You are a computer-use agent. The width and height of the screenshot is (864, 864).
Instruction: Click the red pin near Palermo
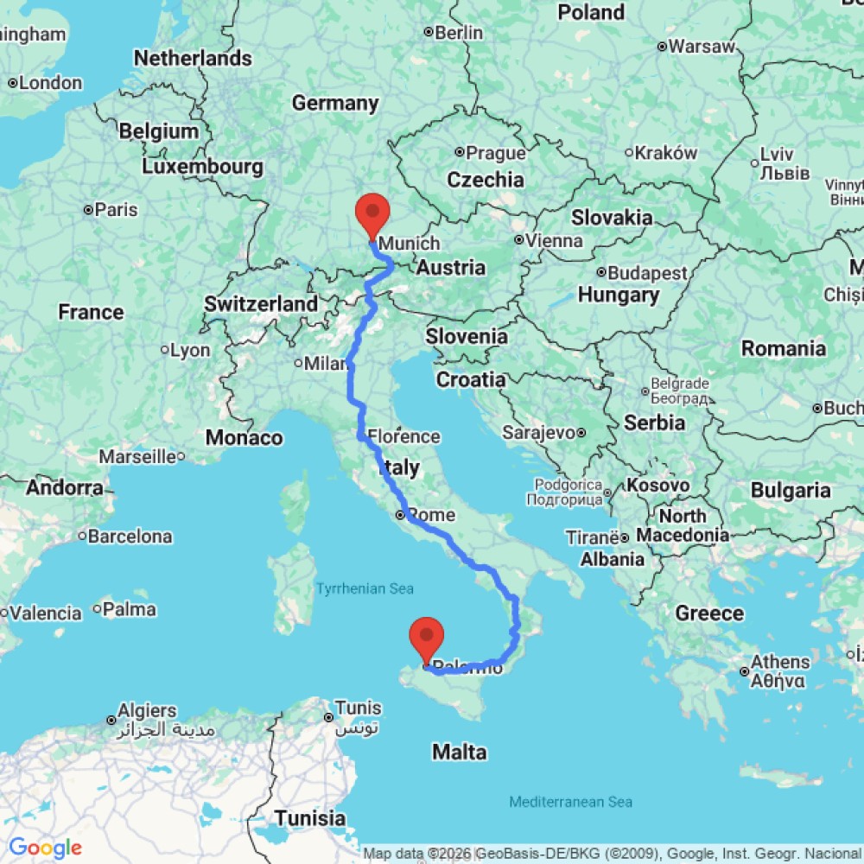[426, 638]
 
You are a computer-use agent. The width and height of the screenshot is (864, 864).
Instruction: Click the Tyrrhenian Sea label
[364, 589]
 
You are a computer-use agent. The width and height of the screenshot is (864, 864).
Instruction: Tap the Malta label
[459, 753]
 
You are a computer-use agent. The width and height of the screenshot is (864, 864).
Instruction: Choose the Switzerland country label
[261, 304]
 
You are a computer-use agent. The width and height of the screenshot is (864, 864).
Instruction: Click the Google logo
[45, 848]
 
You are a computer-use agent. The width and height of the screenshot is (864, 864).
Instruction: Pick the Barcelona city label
[130, 537]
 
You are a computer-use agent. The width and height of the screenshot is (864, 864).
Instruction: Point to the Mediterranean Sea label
[570, 802]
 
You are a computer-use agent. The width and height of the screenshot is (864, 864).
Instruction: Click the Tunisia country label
[309, 817]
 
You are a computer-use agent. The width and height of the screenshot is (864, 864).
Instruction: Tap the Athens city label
[780, 662]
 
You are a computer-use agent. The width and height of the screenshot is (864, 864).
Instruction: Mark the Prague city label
[495, 154]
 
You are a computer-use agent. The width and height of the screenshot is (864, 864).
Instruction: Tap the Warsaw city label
[701, 46]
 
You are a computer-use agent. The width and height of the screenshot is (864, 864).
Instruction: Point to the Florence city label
[403, 437]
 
